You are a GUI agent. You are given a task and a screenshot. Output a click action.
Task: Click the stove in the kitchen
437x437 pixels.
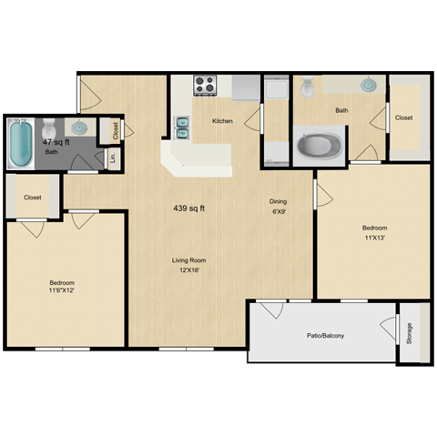(206, 86)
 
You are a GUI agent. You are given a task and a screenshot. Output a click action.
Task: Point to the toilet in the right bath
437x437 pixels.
(308, 87)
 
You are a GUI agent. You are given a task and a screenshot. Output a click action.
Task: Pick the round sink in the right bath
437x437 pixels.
(368, 86)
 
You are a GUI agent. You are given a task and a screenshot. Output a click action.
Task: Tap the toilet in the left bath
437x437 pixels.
(48, 127)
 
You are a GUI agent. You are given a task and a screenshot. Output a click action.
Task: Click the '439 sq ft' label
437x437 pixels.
(188, 208)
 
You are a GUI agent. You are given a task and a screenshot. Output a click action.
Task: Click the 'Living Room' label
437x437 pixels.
(188, 261)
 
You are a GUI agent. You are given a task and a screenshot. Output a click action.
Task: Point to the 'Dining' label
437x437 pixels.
(278, 201)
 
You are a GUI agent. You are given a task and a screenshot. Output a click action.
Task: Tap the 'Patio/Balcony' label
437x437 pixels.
(325, 336)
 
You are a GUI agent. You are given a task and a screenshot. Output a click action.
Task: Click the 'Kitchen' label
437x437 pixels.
(223, 120)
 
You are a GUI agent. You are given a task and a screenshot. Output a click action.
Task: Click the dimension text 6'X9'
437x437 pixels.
(278, 213)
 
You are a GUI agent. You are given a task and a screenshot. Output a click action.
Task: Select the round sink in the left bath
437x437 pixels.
(79, 127)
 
